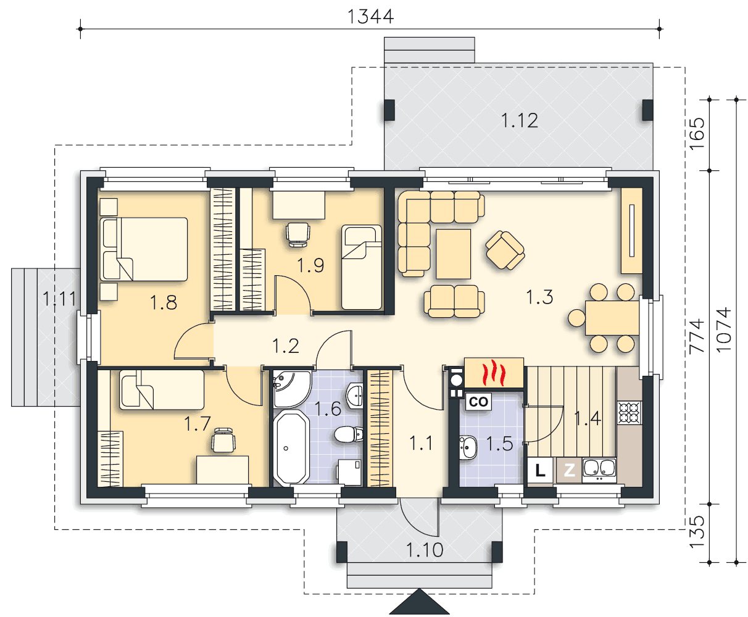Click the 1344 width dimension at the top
[x=370, y=17]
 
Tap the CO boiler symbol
[x=478, y=402]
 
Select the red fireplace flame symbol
[x=494, y=373]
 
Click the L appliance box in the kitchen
[x=540, y=470]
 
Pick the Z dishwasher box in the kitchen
[x=569, y=470]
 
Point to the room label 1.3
[x=539, y=297]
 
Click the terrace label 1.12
[x=519, y=121]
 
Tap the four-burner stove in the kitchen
[x=630, y=413]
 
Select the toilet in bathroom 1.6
[x=349, y=434]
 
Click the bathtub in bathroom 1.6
[x=291, y=448]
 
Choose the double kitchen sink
[x=599, y=469]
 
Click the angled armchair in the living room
[x=505, y=250]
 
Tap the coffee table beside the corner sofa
[x=453, y=254]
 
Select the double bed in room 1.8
[x=144, y=249]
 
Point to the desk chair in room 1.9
[x=298, y=234]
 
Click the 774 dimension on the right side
[x=697, y=336]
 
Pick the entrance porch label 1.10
[x=425, y=550]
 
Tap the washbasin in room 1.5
[x=468, y=447]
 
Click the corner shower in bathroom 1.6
[x=291, y=389]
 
